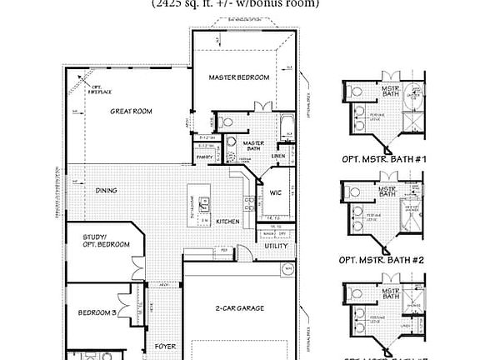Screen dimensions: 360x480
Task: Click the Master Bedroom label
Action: click(240, 77)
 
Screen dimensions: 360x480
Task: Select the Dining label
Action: click(106, 191)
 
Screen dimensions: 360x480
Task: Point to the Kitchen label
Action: click(227, 222)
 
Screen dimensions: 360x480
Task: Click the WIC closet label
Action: click(276, 192)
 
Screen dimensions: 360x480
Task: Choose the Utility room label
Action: click(276, 246)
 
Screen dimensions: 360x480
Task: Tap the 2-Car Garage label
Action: click(240, 308)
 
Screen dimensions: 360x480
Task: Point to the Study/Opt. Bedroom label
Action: click(106, 241)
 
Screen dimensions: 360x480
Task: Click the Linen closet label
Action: click(278, 156)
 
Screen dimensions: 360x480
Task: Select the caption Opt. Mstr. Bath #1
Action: click(383, 158)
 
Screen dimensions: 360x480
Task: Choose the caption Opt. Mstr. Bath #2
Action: click(383, 260)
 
